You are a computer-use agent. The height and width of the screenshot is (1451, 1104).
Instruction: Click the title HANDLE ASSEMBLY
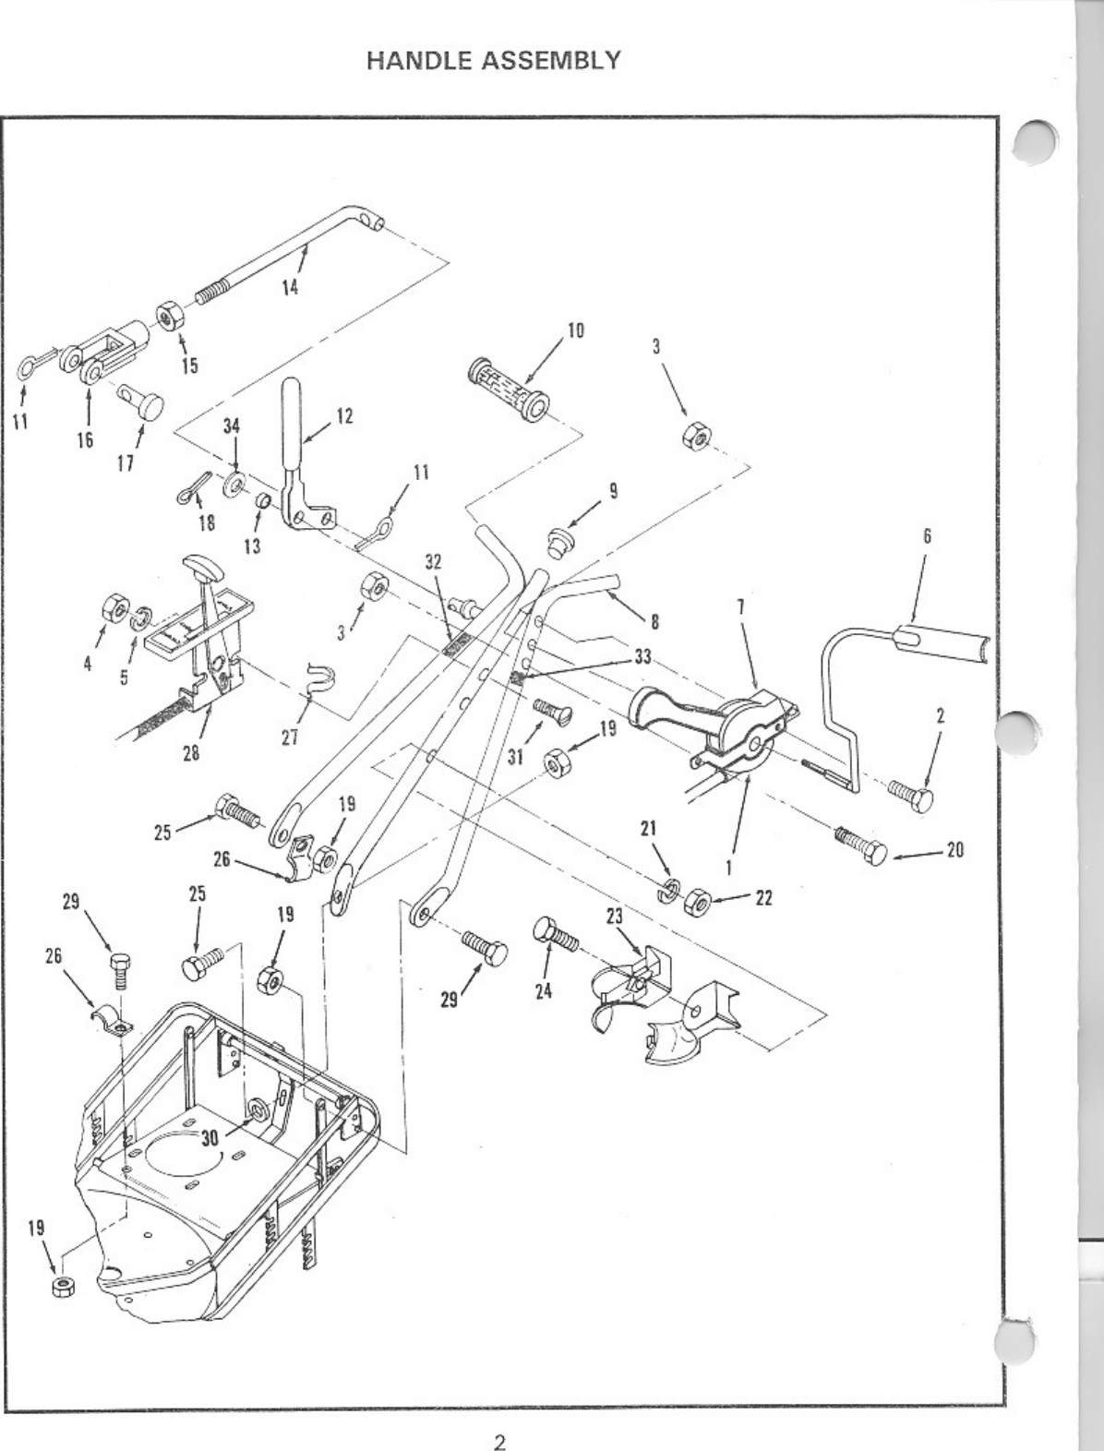[494, 61]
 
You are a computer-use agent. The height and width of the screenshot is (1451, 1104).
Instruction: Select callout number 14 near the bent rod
[290, 287]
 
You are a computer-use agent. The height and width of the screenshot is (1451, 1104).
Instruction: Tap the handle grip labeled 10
[508, 390]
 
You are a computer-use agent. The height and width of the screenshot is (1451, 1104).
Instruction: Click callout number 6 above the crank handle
[927, 535]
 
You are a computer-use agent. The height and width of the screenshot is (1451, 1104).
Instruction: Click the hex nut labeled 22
[698, 898]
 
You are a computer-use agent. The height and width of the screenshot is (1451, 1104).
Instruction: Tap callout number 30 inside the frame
[210, 1137]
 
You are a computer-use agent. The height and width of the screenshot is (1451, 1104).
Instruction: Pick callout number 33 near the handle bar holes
[642, 656]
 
